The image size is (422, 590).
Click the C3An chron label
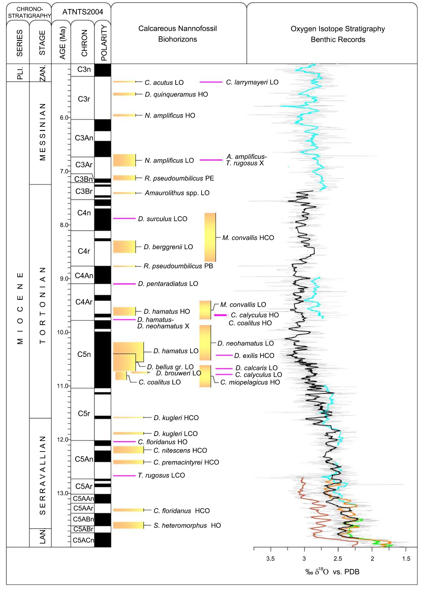tap(84, 138)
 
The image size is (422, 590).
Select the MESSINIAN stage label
tap(42, 132)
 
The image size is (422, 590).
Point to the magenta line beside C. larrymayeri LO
tap(211, 82)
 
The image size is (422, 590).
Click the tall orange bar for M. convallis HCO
tap(210, 237)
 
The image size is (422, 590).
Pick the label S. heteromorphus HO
tap(187, 525)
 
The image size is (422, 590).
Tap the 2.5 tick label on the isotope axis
tap(338, 559)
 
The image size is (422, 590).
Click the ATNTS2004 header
tap(83, 12)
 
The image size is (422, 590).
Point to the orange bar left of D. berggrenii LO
tap(124, 247)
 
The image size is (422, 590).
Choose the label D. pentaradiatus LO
tap(168, 284)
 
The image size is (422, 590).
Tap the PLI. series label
tap(19, 73)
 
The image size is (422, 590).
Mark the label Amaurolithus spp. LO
tap(177, 193)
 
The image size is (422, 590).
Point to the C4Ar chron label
tap(84, 302)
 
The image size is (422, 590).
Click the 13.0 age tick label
tap(62, 493)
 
